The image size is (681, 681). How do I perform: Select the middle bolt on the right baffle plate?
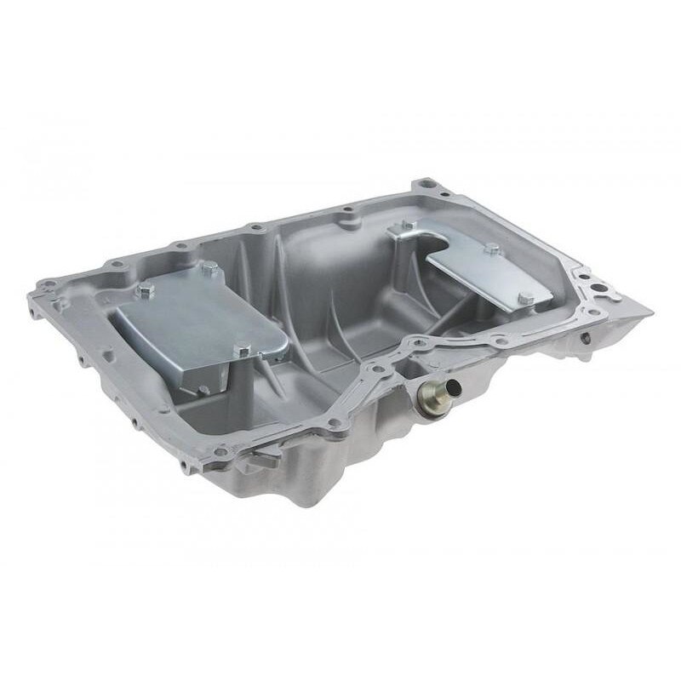tap(491, 249)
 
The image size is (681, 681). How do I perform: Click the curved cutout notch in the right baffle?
tap(434, 247)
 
